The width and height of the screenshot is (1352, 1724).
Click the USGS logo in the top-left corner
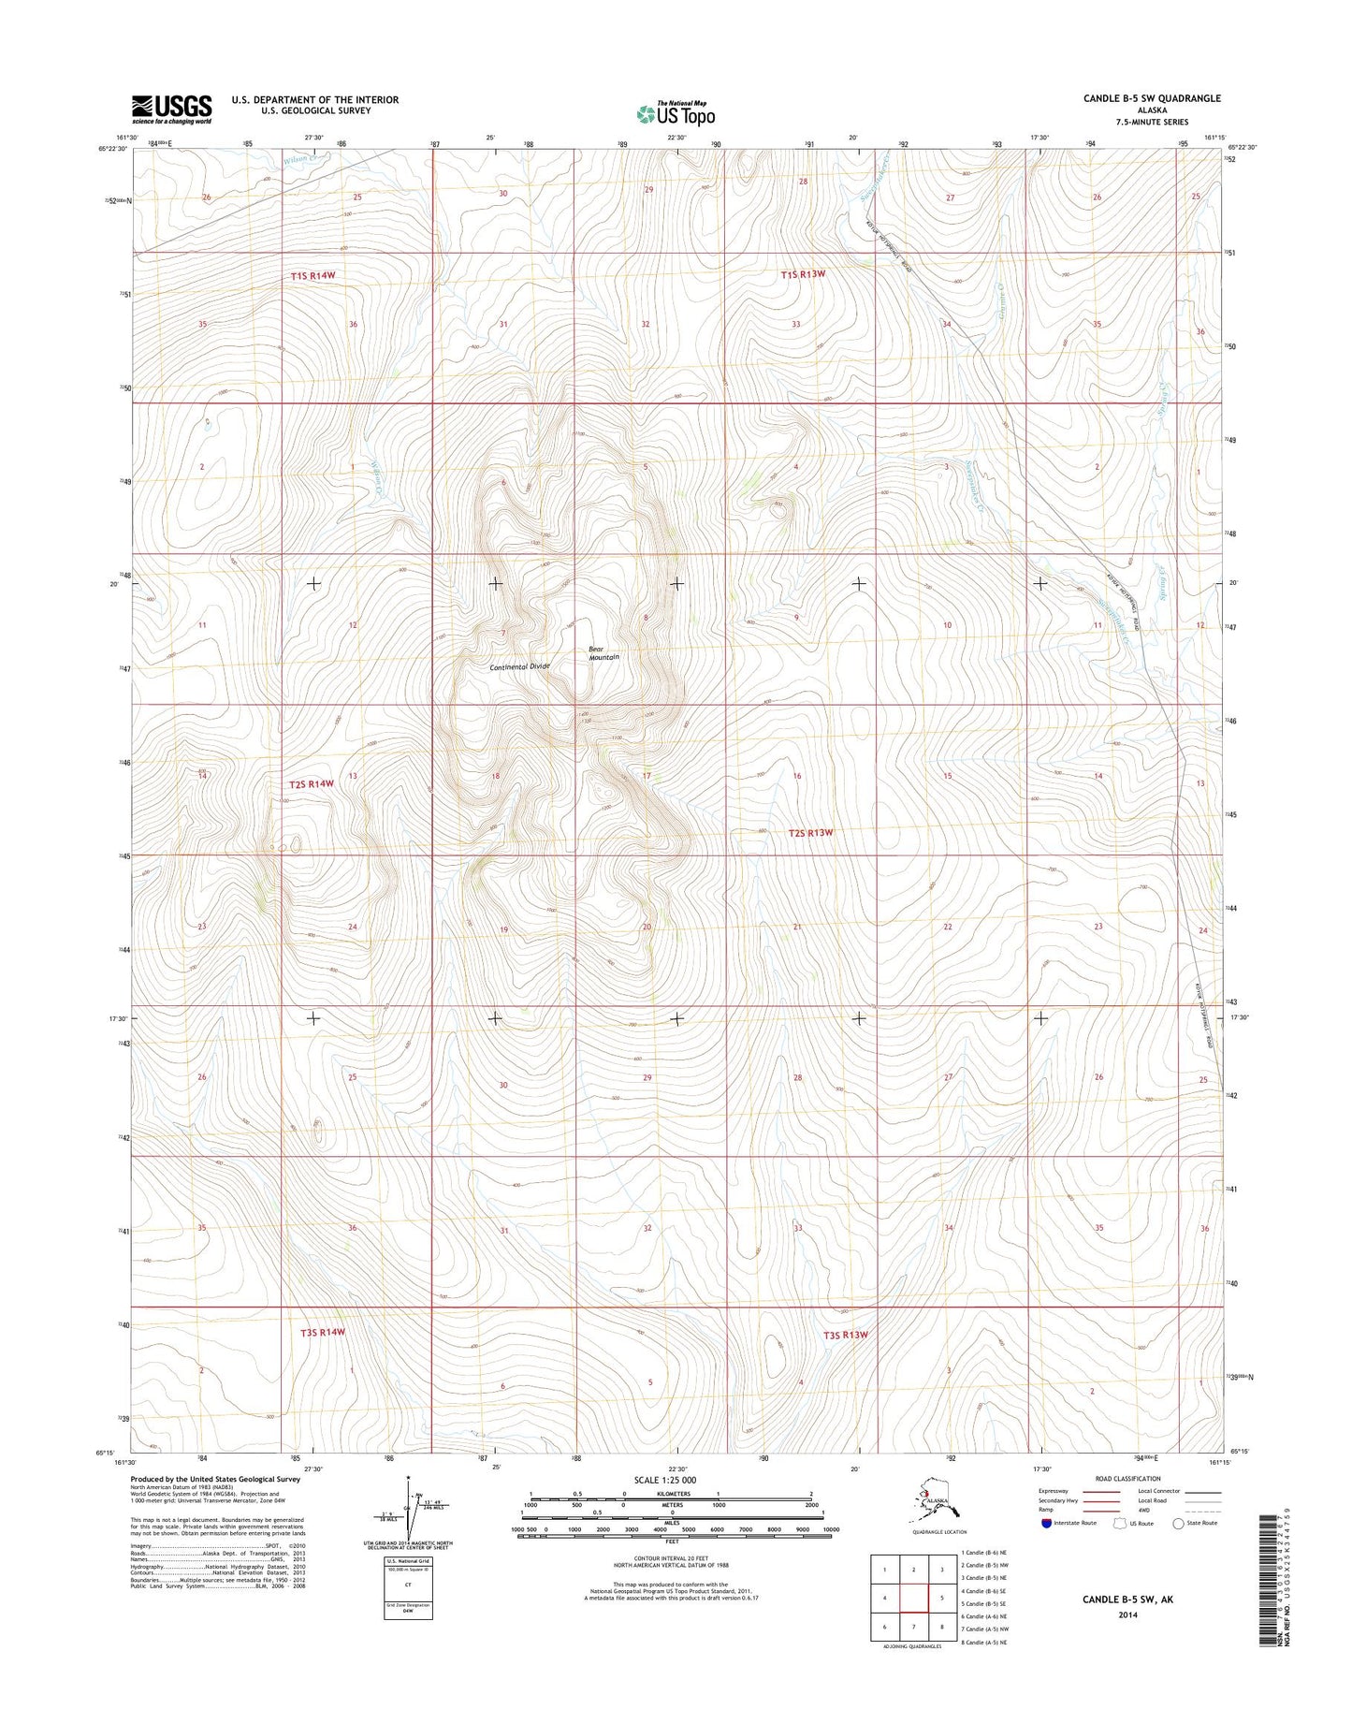(x=171, y=109)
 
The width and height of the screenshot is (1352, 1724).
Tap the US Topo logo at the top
(x=676, y=113)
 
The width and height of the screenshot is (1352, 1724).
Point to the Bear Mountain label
(x=603, y=652)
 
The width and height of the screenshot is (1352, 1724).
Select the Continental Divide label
(x=519, y=666)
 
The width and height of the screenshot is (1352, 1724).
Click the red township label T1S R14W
(x=313, y=276)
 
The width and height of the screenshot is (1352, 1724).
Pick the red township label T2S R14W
(x=310, y=783)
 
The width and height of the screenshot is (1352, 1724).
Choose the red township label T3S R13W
(x=846, y=1335)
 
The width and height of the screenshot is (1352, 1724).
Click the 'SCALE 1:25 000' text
(x=664, y=1480)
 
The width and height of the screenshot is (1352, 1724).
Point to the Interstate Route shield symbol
(x=1046, y=1523)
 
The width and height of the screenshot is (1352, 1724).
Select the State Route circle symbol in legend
(x=1178, y=1524)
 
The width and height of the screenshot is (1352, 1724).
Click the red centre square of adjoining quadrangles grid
(x=913, y=1598)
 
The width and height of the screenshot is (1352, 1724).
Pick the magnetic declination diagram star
(x=409, y=1480)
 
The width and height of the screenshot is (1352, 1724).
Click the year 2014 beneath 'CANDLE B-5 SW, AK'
(x=1126, y=1615)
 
